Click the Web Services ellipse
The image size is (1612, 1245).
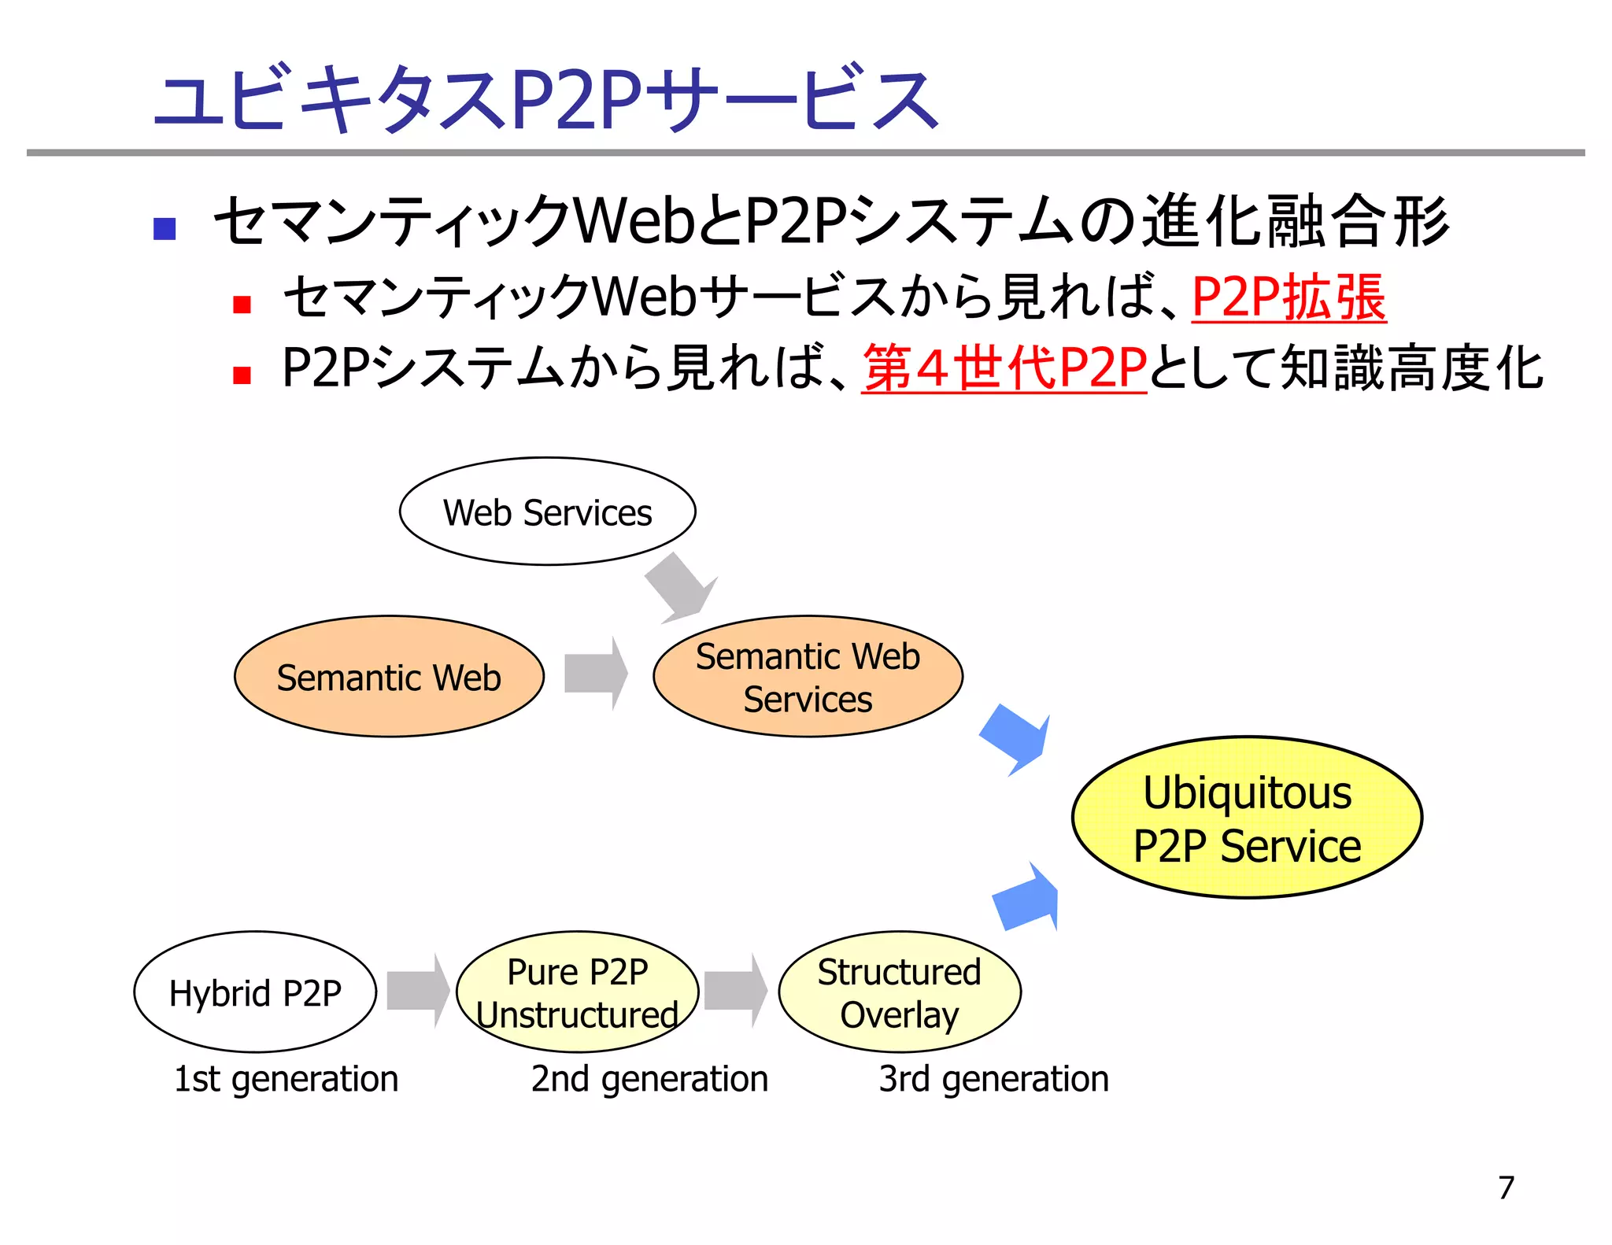[547, 512]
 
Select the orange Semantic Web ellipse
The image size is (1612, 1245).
[389, 677]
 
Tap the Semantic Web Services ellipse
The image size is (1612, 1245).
[808, 677]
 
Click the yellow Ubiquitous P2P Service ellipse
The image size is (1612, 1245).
[1247, 818]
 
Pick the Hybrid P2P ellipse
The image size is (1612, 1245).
[255, 992]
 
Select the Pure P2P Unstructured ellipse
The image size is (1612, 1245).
[577, 992]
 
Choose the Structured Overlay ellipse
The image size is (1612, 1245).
[899, 992]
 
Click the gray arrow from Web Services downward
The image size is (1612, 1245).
[678, 587]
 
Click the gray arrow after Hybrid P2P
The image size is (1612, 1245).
[418, 991]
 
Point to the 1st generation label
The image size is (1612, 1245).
[286, 1079]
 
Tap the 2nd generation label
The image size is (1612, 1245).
[649, 1079]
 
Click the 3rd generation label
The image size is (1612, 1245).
[993, 1079]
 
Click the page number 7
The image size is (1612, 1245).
[1506, 1187]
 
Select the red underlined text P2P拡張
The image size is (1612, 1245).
[1288, 298]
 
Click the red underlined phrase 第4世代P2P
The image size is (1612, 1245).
[1004, 368]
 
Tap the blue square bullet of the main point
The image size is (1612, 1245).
[165, 229]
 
